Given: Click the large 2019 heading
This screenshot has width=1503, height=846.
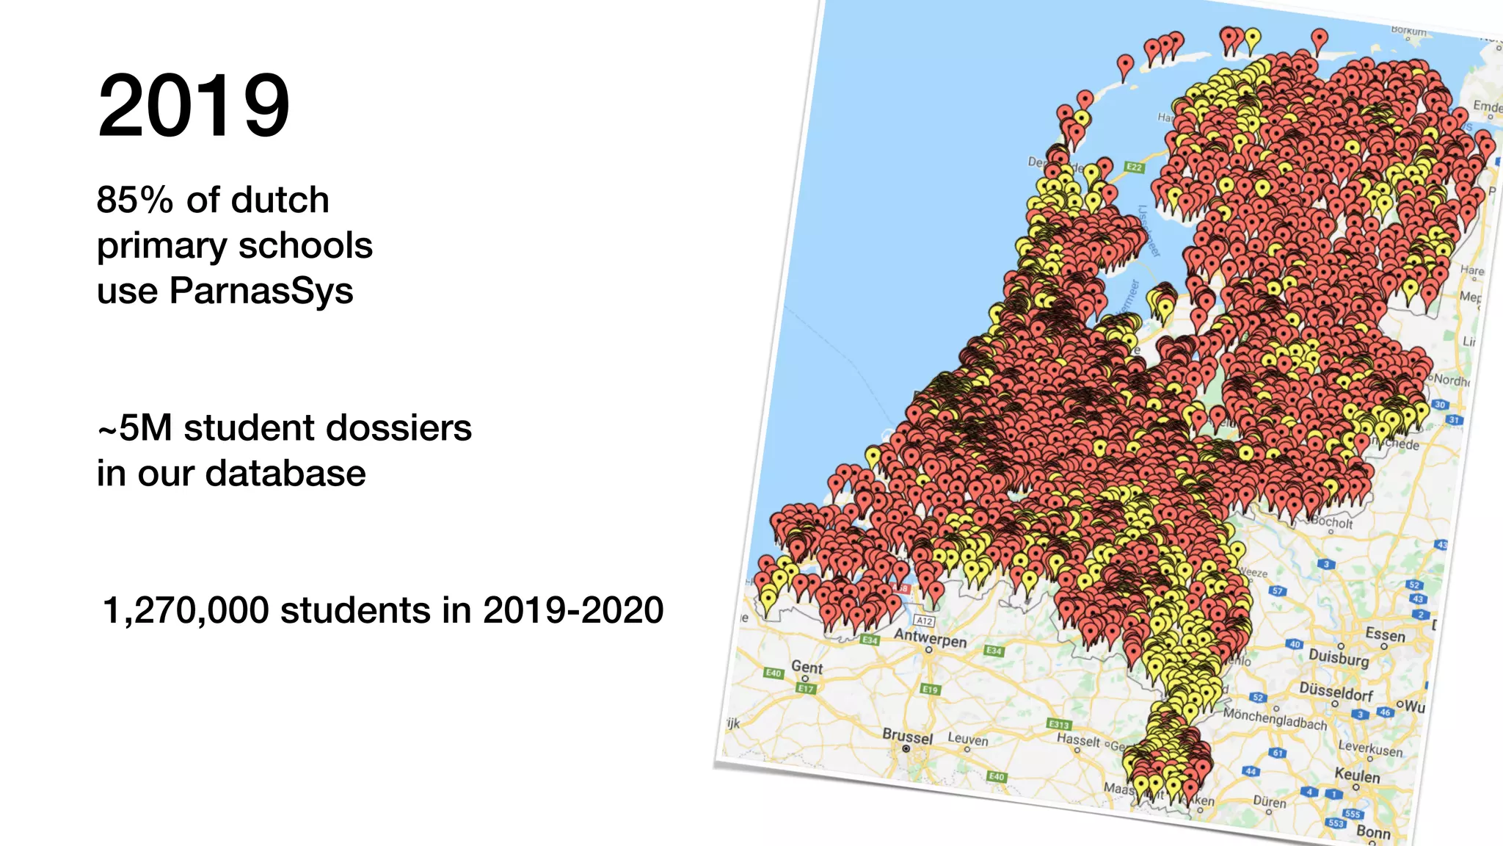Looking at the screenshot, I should (x=194, y=105).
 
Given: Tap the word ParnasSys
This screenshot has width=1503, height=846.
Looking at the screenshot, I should (x=261, y=290).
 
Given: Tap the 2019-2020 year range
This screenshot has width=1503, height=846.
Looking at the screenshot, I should (x=573, y=610).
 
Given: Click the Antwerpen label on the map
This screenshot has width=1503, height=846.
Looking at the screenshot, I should (x=930, y=637).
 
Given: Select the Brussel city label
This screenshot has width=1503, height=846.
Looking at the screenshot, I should (x=907, y=735).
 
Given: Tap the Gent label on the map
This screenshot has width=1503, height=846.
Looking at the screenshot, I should (x=807, y=667).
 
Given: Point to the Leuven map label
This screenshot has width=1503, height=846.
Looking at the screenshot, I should (x=968, y=739).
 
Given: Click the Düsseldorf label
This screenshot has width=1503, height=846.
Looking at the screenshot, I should (x=1336, y=692).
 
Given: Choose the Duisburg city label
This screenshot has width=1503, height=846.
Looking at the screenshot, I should (x=1339, y=657).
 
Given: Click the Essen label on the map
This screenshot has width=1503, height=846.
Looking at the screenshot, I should (x=1385, y=634).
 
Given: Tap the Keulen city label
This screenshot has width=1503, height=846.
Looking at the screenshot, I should (x=1357, y=775).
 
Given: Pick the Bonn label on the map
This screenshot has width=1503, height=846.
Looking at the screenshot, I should (x=1373, y=832).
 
